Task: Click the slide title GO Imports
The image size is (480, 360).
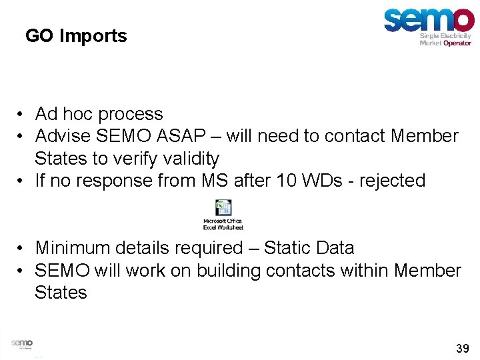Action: [76, 35]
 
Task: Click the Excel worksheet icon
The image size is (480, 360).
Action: [223, 207]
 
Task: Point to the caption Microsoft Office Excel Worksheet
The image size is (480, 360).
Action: [223, 223]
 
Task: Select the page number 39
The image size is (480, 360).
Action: [462, 348]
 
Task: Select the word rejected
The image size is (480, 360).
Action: [392, 181]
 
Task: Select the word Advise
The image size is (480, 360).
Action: [63, 137]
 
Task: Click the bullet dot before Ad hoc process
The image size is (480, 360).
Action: [22, 115]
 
